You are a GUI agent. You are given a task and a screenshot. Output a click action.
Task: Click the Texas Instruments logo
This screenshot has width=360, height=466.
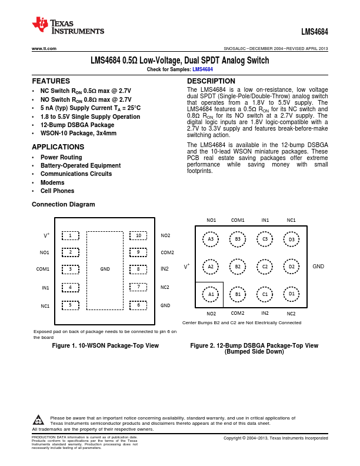click(68, 25)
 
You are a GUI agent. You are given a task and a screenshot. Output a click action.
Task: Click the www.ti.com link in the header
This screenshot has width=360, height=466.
click(44, 48)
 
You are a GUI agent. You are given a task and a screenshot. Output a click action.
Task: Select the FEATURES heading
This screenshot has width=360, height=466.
click(51, 81)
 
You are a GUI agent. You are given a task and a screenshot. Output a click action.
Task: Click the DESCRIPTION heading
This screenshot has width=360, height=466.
click(211, 81)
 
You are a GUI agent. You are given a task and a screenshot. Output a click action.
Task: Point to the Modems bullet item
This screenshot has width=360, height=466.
click(52, 182)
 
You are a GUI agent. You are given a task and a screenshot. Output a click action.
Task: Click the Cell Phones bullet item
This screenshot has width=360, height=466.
click(57, 191)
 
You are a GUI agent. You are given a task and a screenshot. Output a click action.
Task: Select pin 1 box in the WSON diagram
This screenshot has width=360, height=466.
click(70, 235)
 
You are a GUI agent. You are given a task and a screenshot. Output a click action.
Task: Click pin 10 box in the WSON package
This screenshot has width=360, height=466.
click(138, 235)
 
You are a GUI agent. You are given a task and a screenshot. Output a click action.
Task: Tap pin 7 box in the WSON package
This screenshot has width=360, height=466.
click(138, 287)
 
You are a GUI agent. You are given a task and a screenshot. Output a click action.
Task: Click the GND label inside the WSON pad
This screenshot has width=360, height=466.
click(105, 269)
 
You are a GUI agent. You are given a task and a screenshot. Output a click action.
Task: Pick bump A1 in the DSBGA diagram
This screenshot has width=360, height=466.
click(211, 293)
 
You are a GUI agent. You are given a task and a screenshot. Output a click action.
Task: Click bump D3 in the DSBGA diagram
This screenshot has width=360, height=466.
click(291, 239)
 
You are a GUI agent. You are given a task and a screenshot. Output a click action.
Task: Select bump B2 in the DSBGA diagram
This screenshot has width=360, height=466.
click(238, 267)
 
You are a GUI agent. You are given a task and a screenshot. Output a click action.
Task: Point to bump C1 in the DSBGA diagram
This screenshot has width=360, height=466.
click(265, 293)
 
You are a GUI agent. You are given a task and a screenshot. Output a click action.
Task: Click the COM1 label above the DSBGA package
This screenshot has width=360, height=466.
click(238, 220)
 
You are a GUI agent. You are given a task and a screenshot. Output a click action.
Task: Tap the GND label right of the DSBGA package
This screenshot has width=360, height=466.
click(318, 267)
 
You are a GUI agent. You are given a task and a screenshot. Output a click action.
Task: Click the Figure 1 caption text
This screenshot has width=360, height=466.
click(105, 345)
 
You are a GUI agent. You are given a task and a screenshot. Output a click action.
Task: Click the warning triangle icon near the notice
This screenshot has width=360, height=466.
click(38, 420)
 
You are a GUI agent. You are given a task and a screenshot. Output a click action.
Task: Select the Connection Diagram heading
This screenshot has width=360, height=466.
click(63, 204)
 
